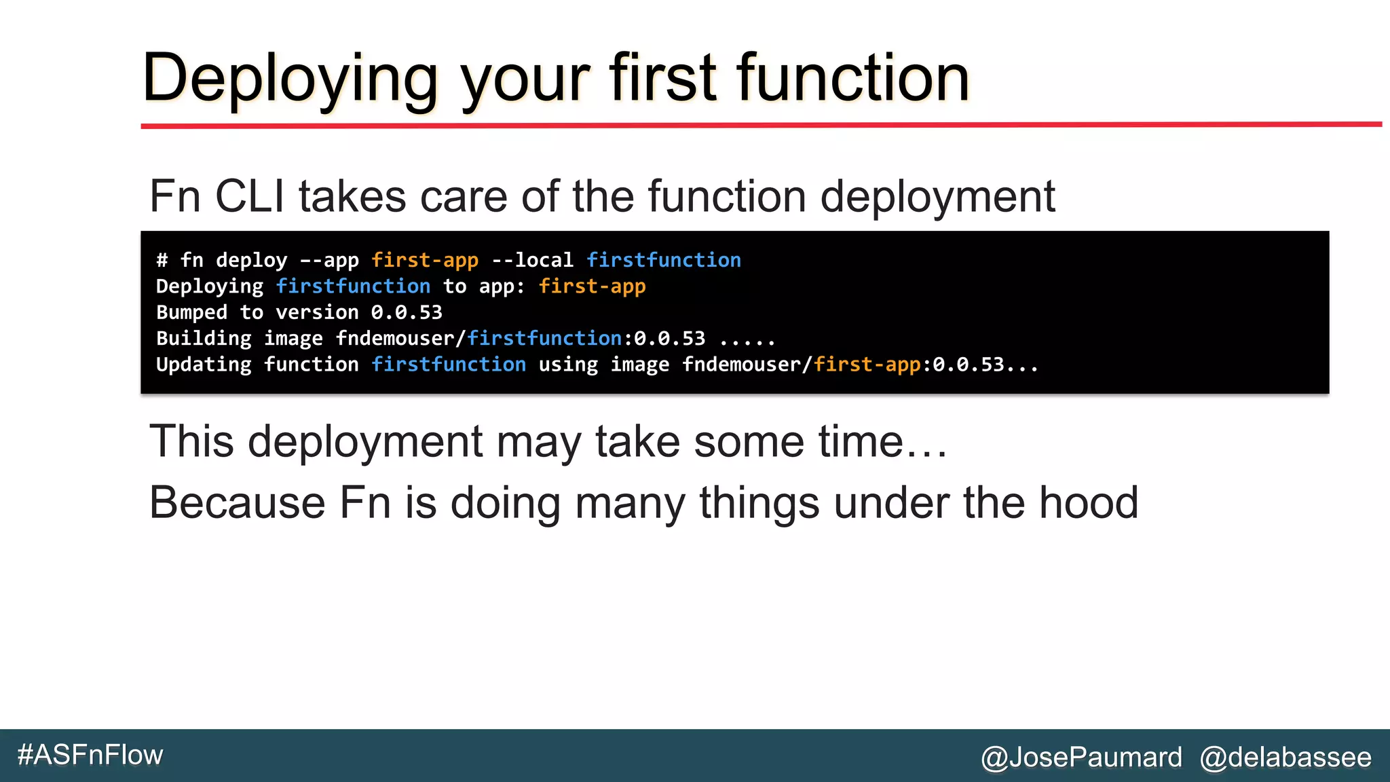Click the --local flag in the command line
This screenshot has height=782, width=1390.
click(x=532, y=260)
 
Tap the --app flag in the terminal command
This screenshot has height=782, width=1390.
click(x=329, y=260)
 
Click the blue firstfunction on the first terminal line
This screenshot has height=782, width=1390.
click(x=663, y=260)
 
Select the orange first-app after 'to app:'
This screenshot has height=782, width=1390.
click(x=592, y=286)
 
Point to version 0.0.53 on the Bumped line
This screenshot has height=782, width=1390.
click(x=406, y=312)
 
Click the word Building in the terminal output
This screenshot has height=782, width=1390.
click(x=204, y=339)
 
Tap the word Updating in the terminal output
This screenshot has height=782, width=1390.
click(x=204, y=365)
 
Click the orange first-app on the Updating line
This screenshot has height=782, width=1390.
click(x=867, y=365)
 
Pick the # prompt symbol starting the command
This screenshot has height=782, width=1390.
click(x=162, y=260)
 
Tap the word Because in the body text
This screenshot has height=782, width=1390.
click(x=237, y=503)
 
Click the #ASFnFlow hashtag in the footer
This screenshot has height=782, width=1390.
click(x=90, y=755)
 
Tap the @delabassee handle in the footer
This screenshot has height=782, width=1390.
click(x=1285, y=757)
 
